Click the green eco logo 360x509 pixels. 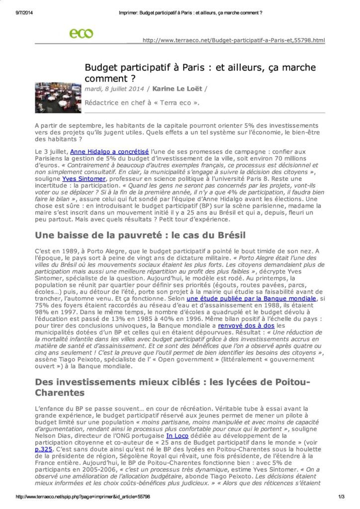(81, 33)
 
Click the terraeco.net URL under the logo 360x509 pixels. (233, 40)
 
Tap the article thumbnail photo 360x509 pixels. (58, 97)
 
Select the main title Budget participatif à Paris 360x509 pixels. (200, 73)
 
